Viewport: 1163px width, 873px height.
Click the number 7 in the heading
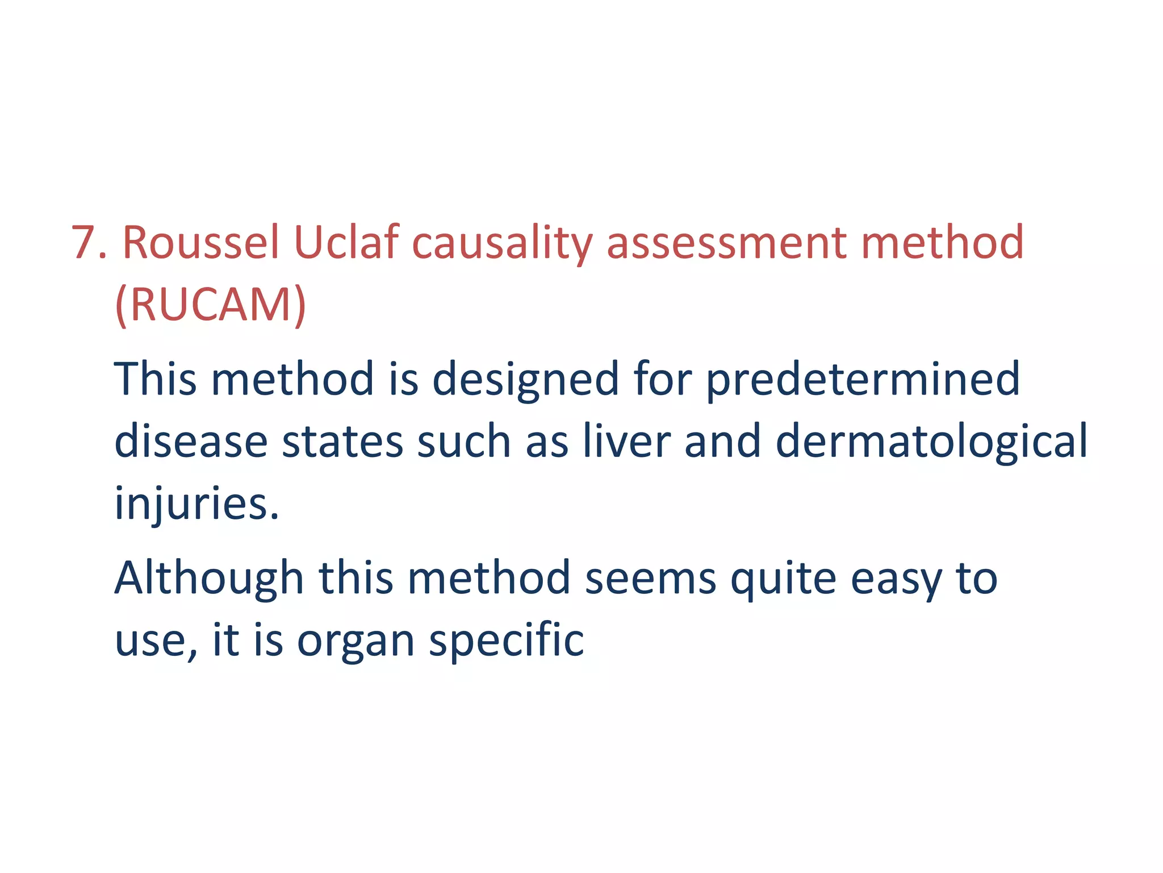pos(85,243)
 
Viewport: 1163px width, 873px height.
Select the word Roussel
pos(201,243)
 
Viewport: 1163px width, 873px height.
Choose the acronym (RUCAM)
pos(210,306)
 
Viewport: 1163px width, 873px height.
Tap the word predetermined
pos(863,379)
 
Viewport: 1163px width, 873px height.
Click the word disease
pos(191,442)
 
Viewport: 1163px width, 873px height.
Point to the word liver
pos(627,442)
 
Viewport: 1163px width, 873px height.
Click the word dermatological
pos(931,442)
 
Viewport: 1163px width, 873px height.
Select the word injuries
pos(196,504)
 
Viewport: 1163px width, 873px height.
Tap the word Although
pos(209,578)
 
